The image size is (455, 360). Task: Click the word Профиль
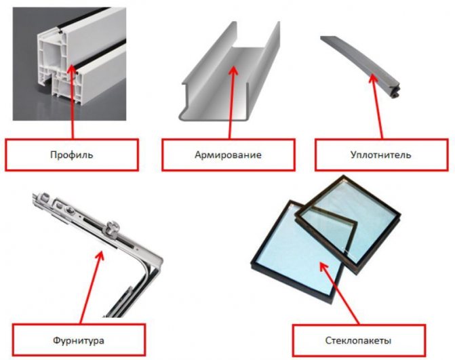click(x=72, y=155)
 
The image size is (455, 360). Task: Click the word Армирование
click(x=228, y=155)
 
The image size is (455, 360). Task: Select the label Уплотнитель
click(x=380, y=155)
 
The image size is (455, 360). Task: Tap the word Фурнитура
click(x=79, y=340)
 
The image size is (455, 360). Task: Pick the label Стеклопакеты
click(x=358, y=340)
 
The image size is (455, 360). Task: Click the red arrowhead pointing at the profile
click(x=73, y=70)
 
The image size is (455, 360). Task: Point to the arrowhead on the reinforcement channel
click(x=233, y=71)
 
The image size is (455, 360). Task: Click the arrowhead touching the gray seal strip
click(x=373, y=79)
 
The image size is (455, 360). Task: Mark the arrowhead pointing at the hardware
click(x=100, y=256)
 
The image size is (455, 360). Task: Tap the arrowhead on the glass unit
click(x=323, y=266)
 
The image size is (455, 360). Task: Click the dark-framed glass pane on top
click(x=349, y=223)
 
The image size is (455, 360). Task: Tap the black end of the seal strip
click(x=395, y=90)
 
